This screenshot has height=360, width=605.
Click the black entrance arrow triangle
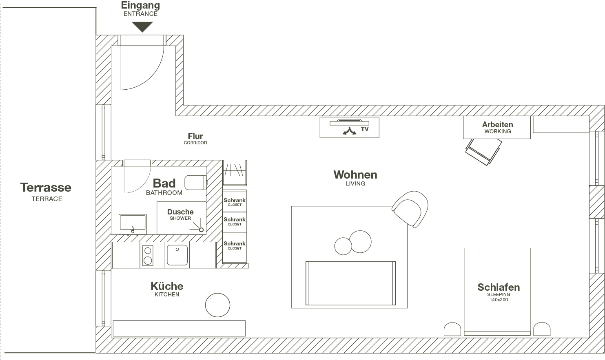pos(142,27)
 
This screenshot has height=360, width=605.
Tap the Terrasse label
pos(46,188)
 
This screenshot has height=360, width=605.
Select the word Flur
pos(195,136)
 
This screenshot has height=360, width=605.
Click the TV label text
pos(365,129)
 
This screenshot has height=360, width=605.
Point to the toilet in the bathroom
pos(195,183)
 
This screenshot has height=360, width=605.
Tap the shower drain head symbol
pos(201,230)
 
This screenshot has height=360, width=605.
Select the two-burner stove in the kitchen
pos(148,255)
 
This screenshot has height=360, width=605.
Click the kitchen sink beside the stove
pos(177,255)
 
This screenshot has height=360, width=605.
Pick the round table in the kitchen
pos(217,305)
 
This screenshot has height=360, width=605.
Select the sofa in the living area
pos(350,283)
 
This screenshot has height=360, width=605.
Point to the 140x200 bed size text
pos(499,300)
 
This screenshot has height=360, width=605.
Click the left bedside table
pos(452,329)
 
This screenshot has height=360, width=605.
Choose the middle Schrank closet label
pos(235,220)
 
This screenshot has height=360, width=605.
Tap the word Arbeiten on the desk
pos(497,124)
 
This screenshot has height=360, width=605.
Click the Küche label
pos(167,286)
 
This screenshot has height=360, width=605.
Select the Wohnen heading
pos(355,175)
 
